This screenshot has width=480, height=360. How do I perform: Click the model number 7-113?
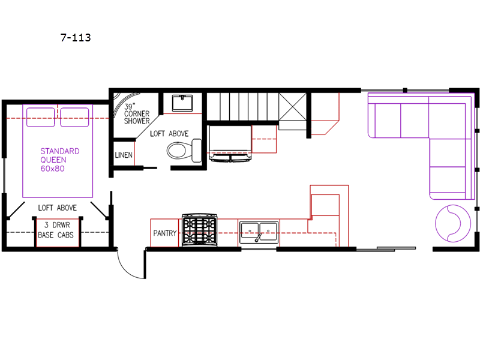click(76, 38)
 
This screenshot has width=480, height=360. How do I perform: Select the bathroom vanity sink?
click(182, 103)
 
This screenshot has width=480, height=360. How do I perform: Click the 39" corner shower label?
click(137, 114)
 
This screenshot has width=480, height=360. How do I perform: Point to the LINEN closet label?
click(124, 155)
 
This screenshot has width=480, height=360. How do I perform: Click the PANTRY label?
click(164, 233)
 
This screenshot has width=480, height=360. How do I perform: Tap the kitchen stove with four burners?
click(200, 230)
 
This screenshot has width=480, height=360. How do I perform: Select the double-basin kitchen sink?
click(259, 232)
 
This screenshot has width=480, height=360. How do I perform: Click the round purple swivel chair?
click(453, 223)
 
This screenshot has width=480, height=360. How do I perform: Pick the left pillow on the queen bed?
click(41, 117)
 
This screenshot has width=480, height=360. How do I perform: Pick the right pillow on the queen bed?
click(74, 117)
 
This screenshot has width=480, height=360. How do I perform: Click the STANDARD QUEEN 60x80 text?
click(59, 160)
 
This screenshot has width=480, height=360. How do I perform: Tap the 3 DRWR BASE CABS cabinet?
click(58, 232)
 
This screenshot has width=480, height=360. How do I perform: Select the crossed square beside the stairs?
click(293, 107)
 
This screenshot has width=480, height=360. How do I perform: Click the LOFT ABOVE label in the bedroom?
click(57, 208)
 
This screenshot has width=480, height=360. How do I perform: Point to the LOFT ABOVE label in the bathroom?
click(169, 134)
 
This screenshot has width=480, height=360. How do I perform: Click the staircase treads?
click(243, 107)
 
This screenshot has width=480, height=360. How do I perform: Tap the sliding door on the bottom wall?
click(386, 249)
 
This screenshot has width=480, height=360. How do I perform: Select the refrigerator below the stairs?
click(230, 143)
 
